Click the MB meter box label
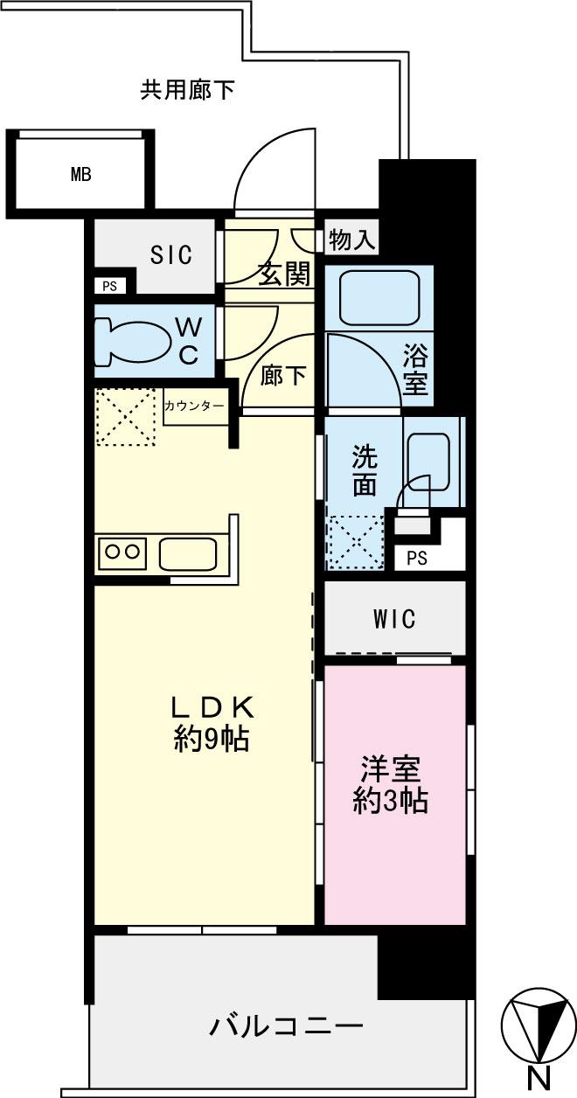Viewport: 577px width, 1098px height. pos(81,174)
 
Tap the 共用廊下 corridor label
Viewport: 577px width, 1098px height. pos(187,90)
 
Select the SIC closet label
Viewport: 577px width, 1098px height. pos(171,255)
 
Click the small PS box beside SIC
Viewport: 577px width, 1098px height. pos(110,286)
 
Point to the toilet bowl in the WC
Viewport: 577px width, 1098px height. pos(128,342)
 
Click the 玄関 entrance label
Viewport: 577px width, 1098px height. pos(285,274)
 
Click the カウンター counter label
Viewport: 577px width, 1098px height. pos(195,406)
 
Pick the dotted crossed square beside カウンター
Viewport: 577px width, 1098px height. pos(126,417)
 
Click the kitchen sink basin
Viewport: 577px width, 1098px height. pos(188,554)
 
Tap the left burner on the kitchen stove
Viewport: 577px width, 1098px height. pos(112,552)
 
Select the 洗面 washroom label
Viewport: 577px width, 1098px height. pos(365,471)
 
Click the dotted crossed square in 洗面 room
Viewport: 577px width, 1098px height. pos(356,543)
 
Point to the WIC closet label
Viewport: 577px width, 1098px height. pos(394,619)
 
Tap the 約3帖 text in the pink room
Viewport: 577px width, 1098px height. pos(390,802)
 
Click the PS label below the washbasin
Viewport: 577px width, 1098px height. pos(417,559)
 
